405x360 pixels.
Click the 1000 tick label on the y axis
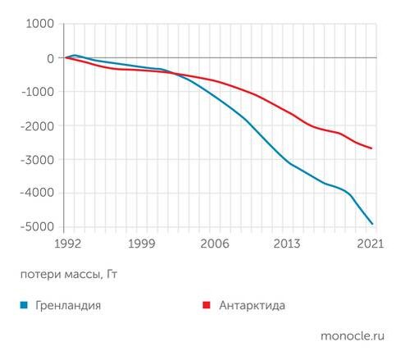39,24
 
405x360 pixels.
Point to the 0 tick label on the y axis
49,58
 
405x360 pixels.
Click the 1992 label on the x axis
66,244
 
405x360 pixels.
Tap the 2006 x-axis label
216,244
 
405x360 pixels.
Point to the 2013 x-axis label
287,244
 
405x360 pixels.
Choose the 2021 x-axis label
371,244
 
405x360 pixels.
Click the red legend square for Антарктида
207,306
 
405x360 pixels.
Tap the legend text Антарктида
252,306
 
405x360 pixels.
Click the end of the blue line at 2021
373,223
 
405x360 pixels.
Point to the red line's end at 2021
373,148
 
